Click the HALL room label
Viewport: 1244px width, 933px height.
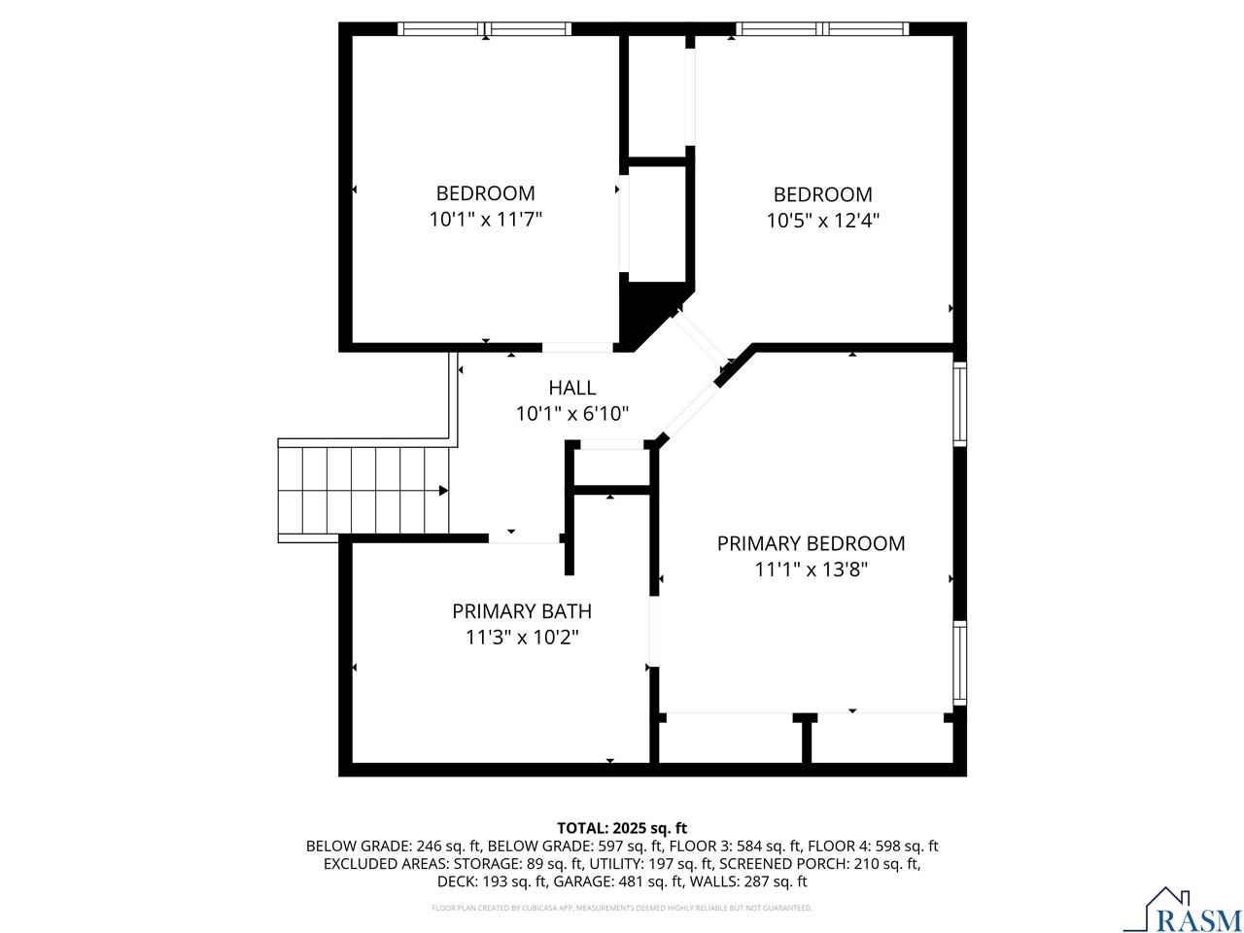(x=571, y=388)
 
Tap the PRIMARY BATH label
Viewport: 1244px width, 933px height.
(x=521, y=611)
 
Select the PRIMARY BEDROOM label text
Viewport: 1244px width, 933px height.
(x=811, y=543)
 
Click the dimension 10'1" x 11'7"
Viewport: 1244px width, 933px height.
(x=485, y=220)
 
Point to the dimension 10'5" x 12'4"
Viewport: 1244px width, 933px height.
(x=822, y=221)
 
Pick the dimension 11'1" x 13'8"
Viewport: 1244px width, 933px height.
(x=811, y=570)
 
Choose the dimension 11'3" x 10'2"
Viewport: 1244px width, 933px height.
(x=521, y=638)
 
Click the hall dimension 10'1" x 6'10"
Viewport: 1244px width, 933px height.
(x=571, y=414)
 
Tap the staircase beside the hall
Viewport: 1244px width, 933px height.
(x=364, y=491)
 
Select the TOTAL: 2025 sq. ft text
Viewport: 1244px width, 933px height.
(x=622, y=828)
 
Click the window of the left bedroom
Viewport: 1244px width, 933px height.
(x=485, y=29)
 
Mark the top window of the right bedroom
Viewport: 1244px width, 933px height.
(x=823, y=29)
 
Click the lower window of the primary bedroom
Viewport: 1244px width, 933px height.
(x=959, y=663)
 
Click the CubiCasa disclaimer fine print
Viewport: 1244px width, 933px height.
(x=622, y=908)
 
